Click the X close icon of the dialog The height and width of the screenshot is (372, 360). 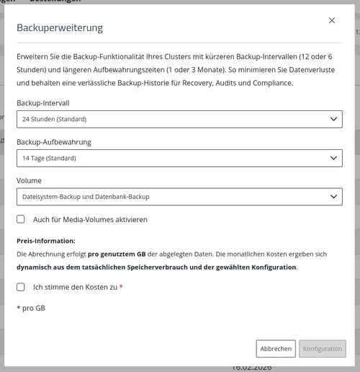tap(332, 21)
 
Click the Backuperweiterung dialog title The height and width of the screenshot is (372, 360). tap(60, 28)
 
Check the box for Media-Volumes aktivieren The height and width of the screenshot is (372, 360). tap(21, 219)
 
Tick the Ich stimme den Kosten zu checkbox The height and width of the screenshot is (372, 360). tap(21, 287)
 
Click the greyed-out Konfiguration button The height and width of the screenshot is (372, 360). tap(322, 349)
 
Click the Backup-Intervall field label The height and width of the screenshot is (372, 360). tap(48, 104)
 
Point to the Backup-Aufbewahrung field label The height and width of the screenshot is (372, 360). tap(54, 142)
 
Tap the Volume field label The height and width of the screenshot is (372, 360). tap(30, 181)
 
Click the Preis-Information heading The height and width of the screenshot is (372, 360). tap(46, 241)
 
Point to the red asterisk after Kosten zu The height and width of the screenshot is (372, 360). tap(121, 287)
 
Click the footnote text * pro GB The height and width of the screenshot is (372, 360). tap(31, 308)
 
